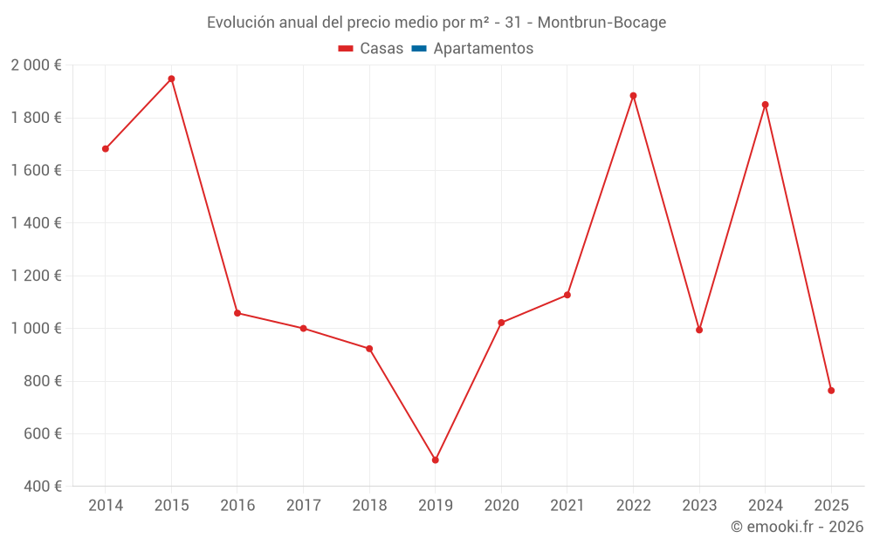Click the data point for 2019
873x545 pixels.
(x=435, y=460)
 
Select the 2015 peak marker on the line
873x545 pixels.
(x=171, y=78)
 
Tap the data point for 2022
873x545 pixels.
(x=633, y=96)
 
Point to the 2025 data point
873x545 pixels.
(x=831, y=391)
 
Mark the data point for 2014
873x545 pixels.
(x=106, y=149)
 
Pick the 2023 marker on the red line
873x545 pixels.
(x=699, y=330)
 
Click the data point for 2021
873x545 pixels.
(x=567, y=295)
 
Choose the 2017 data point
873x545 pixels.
(x=303, y=329)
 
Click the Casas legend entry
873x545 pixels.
(x=371, y=49)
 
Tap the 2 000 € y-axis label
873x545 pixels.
(x=36, y=65)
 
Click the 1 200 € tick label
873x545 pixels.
(x=36, y=276)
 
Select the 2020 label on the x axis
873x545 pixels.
(x=501, y=506)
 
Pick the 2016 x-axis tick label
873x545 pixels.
(x=237, y=506)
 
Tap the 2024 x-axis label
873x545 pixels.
(x=765, y=506)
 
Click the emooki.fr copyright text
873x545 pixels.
(x=797, y=527)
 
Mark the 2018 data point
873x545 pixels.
(x=369, y=349)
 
